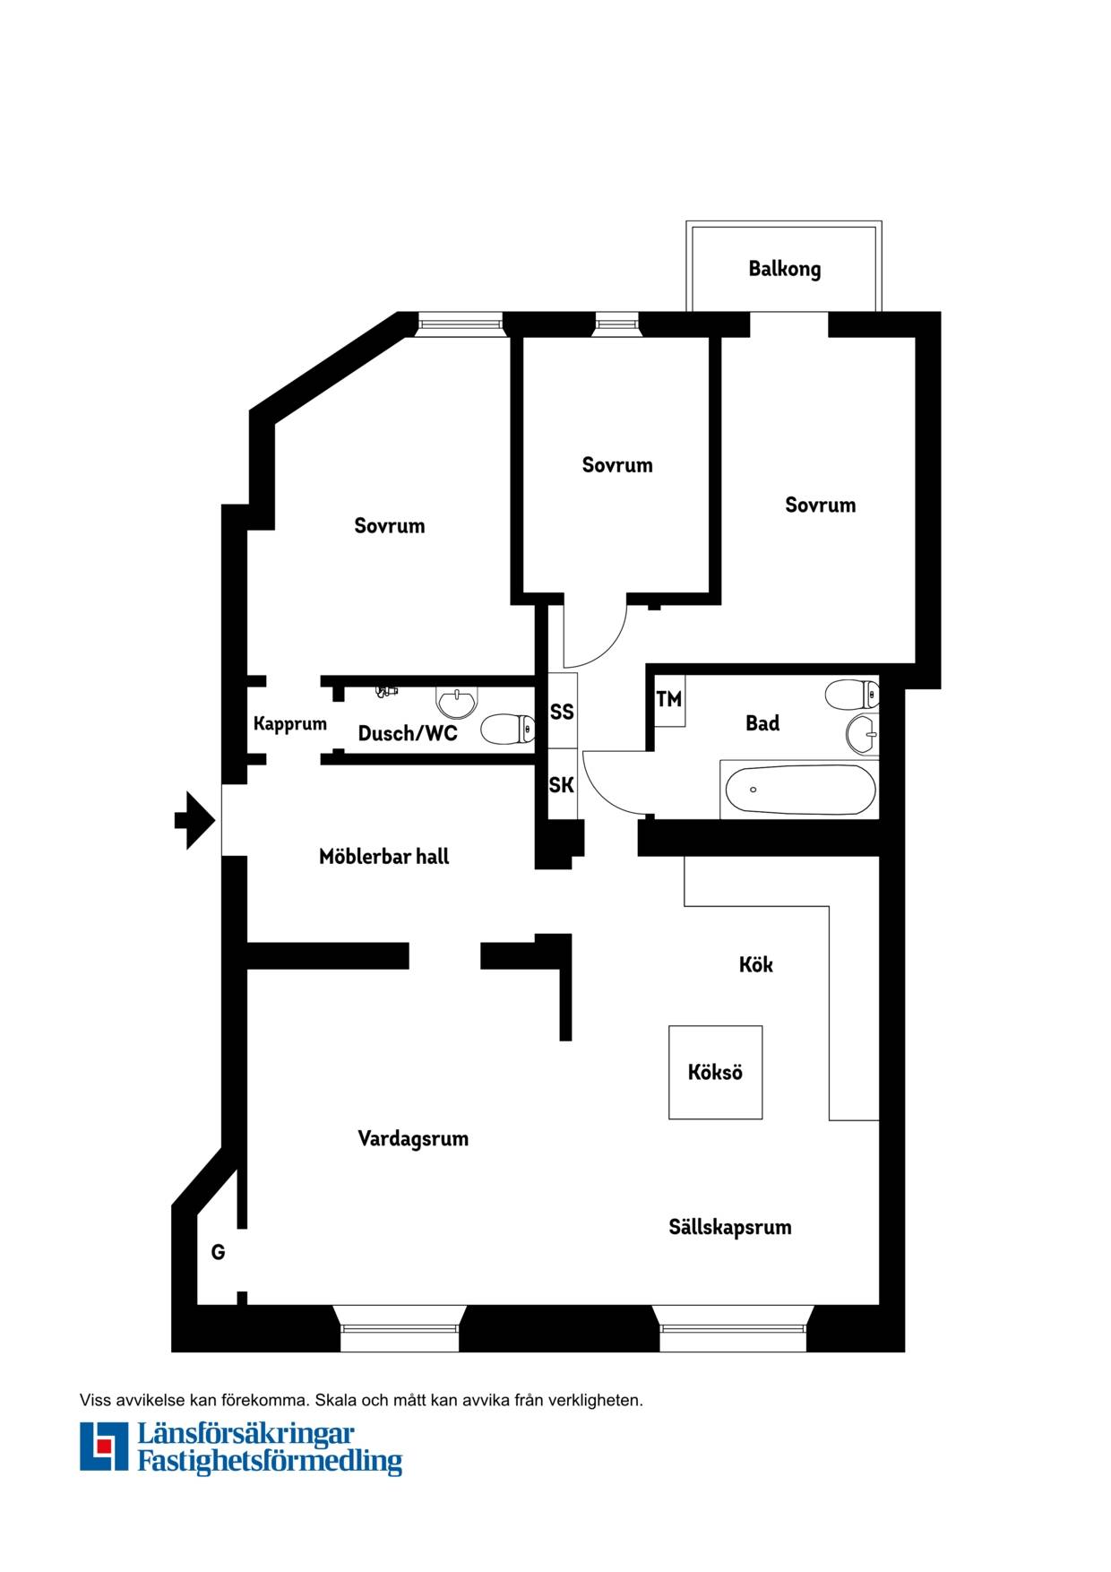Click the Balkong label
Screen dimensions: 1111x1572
pyautogui.click(x=784, y=269)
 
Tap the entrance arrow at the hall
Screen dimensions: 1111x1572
pyautogui.click(x=194, y=820)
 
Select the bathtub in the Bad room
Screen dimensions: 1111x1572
pyautogui.click(x=798, y=790)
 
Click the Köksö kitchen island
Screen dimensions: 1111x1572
pyautogui.click(x=715, y=1072)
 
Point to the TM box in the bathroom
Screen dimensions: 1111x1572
pyautogui.click(x=669, y=699)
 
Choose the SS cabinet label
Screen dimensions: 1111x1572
pyautogui.click(x=562, y=712)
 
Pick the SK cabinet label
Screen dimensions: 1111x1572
pyautogui.click(x=562, y=785)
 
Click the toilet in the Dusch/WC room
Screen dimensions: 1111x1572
pyautogui.click(x=508, y=730)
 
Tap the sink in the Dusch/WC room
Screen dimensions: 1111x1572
pyautogui.click(x=457, y=702)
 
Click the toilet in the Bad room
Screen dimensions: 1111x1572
pyautogui.click(x=852, y=695)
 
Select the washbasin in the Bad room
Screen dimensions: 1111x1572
pyautogui.click(x=862, y=735)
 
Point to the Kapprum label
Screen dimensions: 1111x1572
pyautogui.click(x=290, y=724)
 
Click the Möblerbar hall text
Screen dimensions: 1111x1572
pyautogui.click(x=384, y=857)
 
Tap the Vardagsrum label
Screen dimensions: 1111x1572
pyautogui.click(x=413, y=1139)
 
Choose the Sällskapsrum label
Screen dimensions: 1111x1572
pyautogui.click(x=730, y=1227)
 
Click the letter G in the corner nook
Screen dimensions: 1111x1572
pyautogui.click(x=218, y=1252)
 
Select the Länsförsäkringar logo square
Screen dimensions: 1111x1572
pyautogui.click(x=104, y=1447)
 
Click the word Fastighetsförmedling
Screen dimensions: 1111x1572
pyautogui.click(x=270, y=1462)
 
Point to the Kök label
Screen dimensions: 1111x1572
pyautogui.click(x=755, y=964)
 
